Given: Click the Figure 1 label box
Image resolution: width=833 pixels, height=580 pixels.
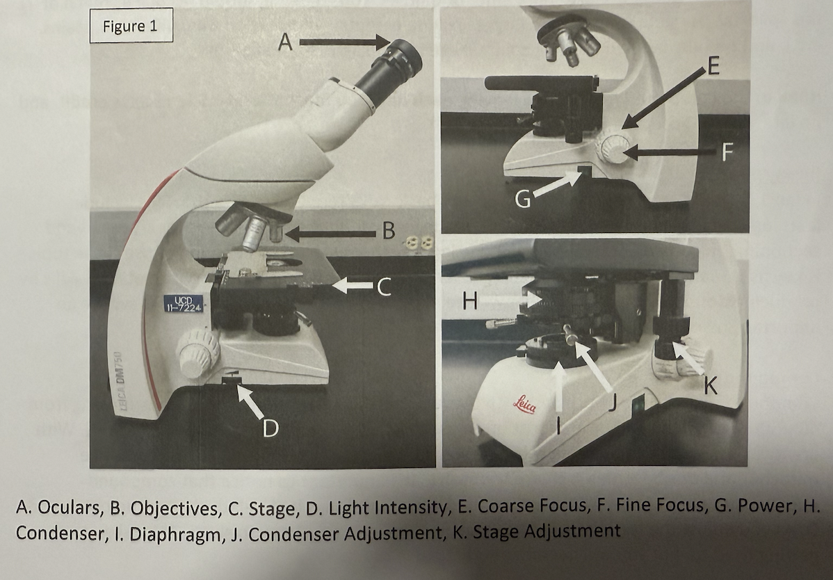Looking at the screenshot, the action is [x=131, y=26].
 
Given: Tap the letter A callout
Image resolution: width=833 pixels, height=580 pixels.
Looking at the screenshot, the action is [x=285, y=42].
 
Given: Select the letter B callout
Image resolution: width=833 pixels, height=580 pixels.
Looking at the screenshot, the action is [x=389, y=231].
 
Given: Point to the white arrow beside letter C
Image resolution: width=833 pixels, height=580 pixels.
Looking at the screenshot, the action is [x=353, y=286].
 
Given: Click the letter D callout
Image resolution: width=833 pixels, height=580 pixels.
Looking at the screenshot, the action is [x=270, y=428].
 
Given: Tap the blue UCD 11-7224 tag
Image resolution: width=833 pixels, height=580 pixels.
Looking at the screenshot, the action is [x=184, y=304].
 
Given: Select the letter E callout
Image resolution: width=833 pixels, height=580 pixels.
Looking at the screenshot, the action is [x=713, y=66].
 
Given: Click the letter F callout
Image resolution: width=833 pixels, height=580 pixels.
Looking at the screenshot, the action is [x=727, y=152].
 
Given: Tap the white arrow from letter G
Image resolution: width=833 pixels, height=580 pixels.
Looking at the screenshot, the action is [x=557, y=183].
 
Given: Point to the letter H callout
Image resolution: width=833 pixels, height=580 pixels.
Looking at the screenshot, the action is [x=470, y=300].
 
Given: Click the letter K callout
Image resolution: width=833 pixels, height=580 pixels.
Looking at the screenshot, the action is [x=711, y=385].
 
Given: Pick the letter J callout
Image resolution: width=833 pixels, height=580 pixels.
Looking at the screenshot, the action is [x=612, y=403].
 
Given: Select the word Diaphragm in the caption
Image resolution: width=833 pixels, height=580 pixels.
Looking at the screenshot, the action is [x=175, y=534].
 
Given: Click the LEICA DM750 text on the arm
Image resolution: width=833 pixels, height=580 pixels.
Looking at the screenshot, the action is [x=120, y=381].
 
